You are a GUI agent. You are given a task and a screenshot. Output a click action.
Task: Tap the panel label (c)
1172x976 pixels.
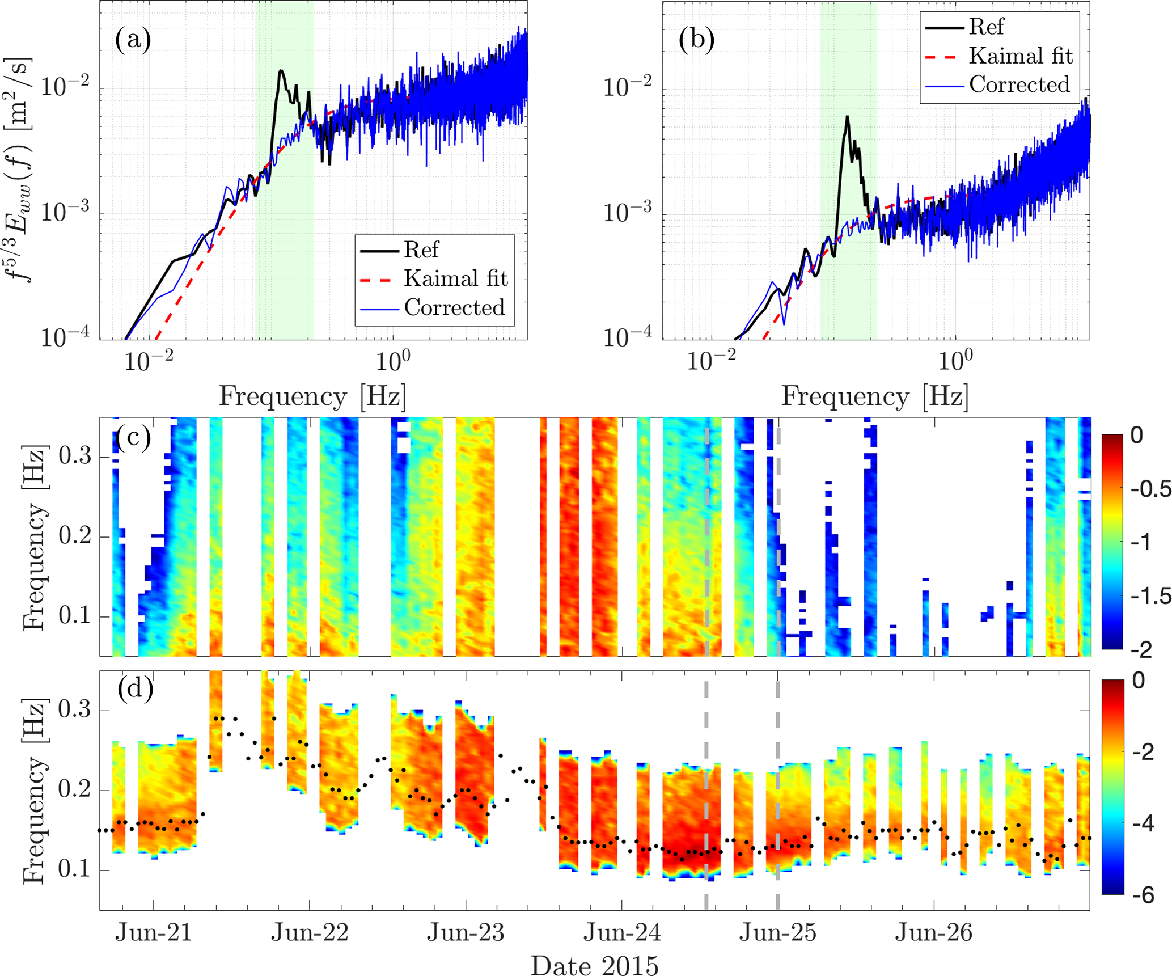(133, 437)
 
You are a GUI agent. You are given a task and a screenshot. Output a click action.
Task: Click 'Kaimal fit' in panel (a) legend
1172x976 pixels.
(456, 278)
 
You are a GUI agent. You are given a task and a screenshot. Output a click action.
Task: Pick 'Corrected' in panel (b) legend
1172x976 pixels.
(1019, 84)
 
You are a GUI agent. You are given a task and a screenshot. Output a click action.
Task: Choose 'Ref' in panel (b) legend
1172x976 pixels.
(986, 27)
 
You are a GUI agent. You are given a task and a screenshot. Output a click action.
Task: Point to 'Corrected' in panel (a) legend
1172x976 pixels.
(454, 307)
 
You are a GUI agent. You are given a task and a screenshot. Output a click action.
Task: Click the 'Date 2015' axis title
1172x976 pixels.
(594, 965)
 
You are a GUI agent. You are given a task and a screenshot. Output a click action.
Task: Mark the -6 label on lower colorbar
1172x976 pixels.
(1140, 895)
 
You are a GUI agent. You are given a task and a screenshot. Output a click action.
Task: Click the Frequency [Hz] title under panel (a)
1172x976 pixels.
(312, 396)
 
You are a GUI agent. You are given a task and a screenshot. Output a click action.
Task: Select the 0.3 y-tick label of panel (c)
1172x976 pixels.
(75, 456)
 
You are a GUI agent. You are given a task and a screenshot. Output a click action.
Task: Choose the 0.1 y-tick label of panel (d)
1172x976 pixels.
(75, 869)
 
